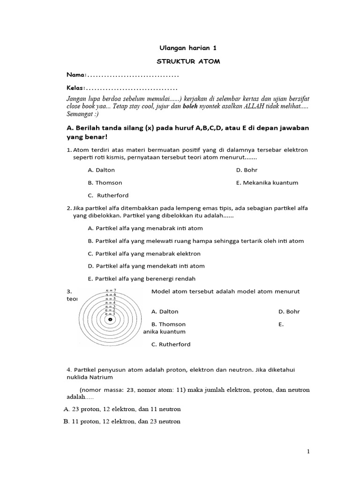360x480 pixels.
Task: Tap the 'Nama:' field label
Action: (76, 75)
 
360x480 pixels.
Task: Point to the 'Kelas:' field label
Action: (76, 88)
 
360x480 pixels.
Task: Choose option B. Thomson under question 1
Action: (105, 183)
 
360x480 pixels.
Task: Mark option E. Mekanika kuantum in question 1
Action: (267, 183)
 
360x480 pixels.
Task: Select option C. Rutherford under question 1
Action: (108, 195)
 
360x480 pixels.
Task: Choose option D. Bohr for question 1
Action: (247, 170)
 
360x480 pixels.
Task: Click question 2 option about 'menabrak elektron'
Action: (144, 254)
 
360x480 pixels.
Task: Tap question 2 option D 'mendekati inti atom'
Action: (146, 266)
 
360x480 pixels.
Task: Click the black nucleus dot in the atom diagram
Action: (110, 320)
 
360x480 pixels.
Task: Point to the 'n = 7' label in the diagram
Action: (110, 291)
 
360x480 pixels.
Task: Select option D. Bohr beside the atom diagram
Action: (289, 312)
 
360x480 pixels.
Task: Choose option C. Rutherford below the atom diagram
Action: (171, 345)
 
